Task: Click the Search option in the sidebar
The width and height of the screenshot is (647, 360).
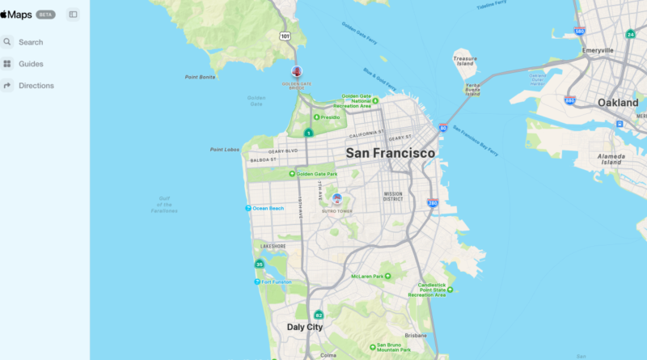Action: click(x=31, y=42)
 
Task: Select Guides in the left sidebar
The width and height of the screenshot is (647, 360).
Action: click(x=31, y=64)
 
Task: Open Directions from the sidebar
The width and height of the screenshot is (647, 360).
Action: click(x=36, y=86)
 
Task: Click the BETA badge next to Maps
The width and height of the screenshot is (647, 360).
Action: click(x=46, y=15)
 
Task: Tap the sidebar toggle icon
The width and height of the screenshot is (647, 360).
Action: click(x=74, y=15)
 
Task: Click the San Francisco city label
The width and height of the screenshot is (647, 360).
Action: click(x=391, y=153)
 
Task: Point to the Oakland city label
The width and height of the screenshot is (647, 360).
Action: click(x=618, y=103)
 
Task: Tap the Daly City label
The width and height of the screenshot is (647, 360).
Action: click(x=305, y=328)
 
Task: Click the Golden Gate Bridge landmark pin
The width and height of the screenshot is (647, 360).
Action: click(x=297, y=73)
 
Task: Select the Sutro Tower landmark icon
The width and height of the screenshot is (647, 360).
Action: click(x=337, y=198)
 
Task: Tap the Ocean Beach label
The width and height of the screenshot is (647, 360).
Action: click(x=268, y=209)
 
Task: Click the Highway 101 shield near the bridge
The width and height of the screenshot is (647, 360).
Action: click(x=285, y=36)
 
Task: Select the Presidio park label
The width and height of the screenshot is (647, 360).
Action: click(x=330, y=117)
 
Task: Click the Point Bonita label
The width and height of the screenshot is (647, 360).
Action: click(x=200, y=77)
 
